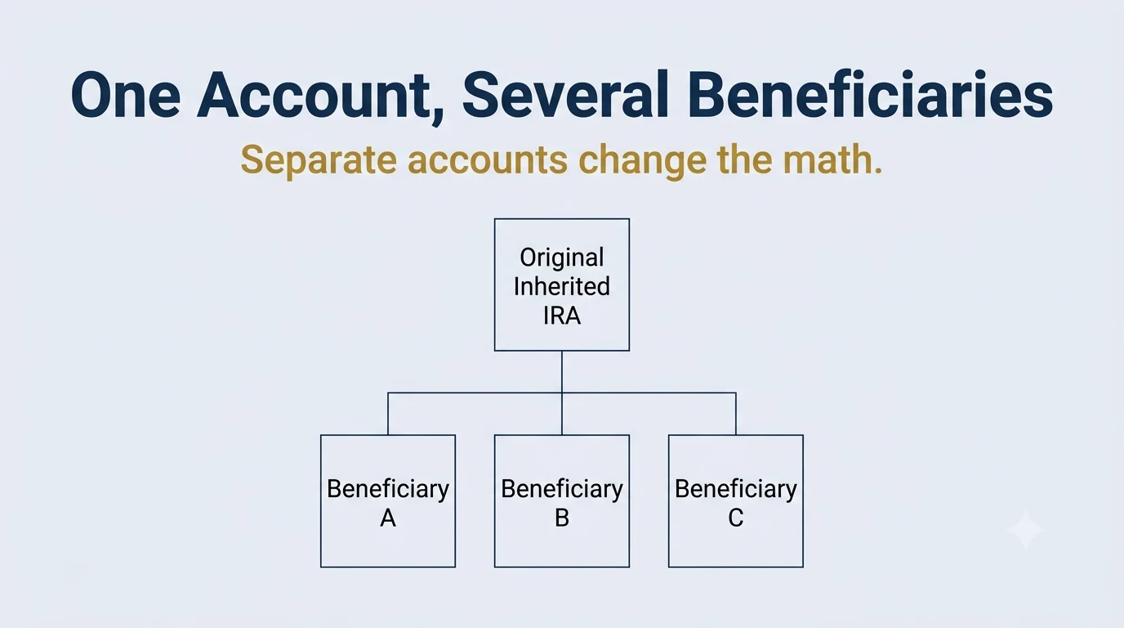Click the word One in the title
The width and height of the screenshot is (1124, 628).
click(x=126, y=95)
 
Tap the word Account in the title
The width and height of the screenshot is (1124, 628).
click(x=313, y=95)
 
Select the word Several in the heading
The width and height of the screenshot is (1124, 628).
click(x=564, y=95)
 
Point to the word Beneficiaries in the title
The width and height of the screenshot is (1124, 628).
click(x=870, y=94)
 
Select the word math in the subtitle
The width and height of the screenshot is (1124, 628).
click(x=825, y=159)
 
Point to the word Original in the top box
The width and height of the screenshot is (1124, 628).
click(x=562, y=258)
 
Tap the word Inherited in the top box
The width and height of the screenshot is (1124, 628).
click(x=562, y=286)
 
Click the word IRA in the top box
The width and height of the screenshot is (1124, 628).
click(x=562, y=316)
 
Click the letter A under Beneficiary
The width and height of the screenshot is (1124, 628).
click(x=388, y=518)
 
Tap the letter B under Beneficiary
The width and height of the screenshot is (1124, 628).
click(x=562, y=518)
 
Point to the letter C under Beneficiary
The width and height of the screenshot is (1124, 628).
click(x=736, y=518)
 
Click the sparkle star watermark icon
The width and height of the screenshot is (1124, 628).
click(x=1024, y=531)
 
